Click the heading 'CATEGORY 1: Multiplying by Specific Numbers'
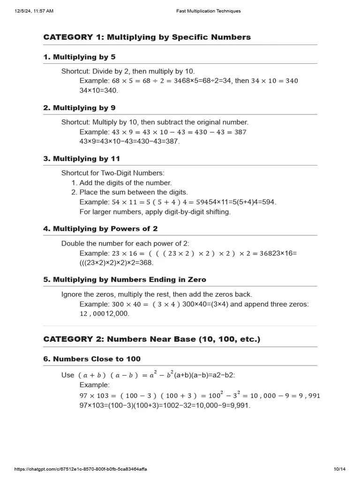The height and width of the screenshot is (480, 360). [x=147, y=37]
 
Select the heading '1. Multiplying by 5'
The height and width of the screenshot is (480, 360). [x=79, y=57]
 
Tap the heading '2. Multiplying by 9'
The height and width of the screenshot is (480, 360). [x=79, y=108]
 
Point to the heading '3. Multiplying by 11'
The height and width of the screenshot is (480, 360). [x=82, y=158]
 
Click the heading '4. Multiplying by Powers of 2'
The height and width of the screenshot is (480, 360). [x=100, y=229]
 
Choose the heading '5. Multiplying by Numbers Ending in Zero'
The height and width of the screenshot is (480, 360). [x=125, y=279]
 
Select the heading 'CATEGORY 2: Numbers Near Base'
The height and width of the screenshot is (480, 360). [x=151, y=339]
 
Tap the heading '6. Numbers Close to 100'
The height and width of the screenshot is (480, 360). [x=92, y=359]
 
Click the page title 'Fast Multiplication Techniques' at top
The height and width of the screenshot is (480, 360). [x=208, y=11]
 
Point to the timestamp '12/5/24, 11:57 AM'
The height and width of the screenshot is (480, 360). [x=34, y=11]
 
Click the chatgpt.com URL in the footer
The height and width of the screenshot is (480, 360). [x=83, y=469]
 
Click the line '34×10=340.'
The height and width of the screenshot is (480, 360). [x=98, y=90]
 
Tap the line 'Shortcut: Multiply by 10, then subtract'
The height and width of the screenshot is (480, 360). [x=155, y=122]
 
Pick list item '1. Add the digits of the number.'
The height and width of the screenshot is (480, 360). [x=121, y=183]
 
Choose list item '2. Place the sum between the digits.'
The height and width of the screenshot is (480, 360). [x=129, y=192]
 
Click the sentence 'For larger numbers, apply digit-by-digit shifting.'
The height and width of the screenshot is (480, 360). [x=155, y=211]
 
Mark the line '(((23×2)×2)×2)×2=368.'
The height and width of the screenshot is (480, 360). [x=116, y=263]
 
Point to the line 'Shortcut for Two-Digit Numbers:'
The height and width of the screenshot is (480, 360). [x=113, y=173]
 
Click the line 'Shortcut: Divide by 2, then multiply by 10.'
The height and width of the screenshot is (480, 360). [x=128, y=71]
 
